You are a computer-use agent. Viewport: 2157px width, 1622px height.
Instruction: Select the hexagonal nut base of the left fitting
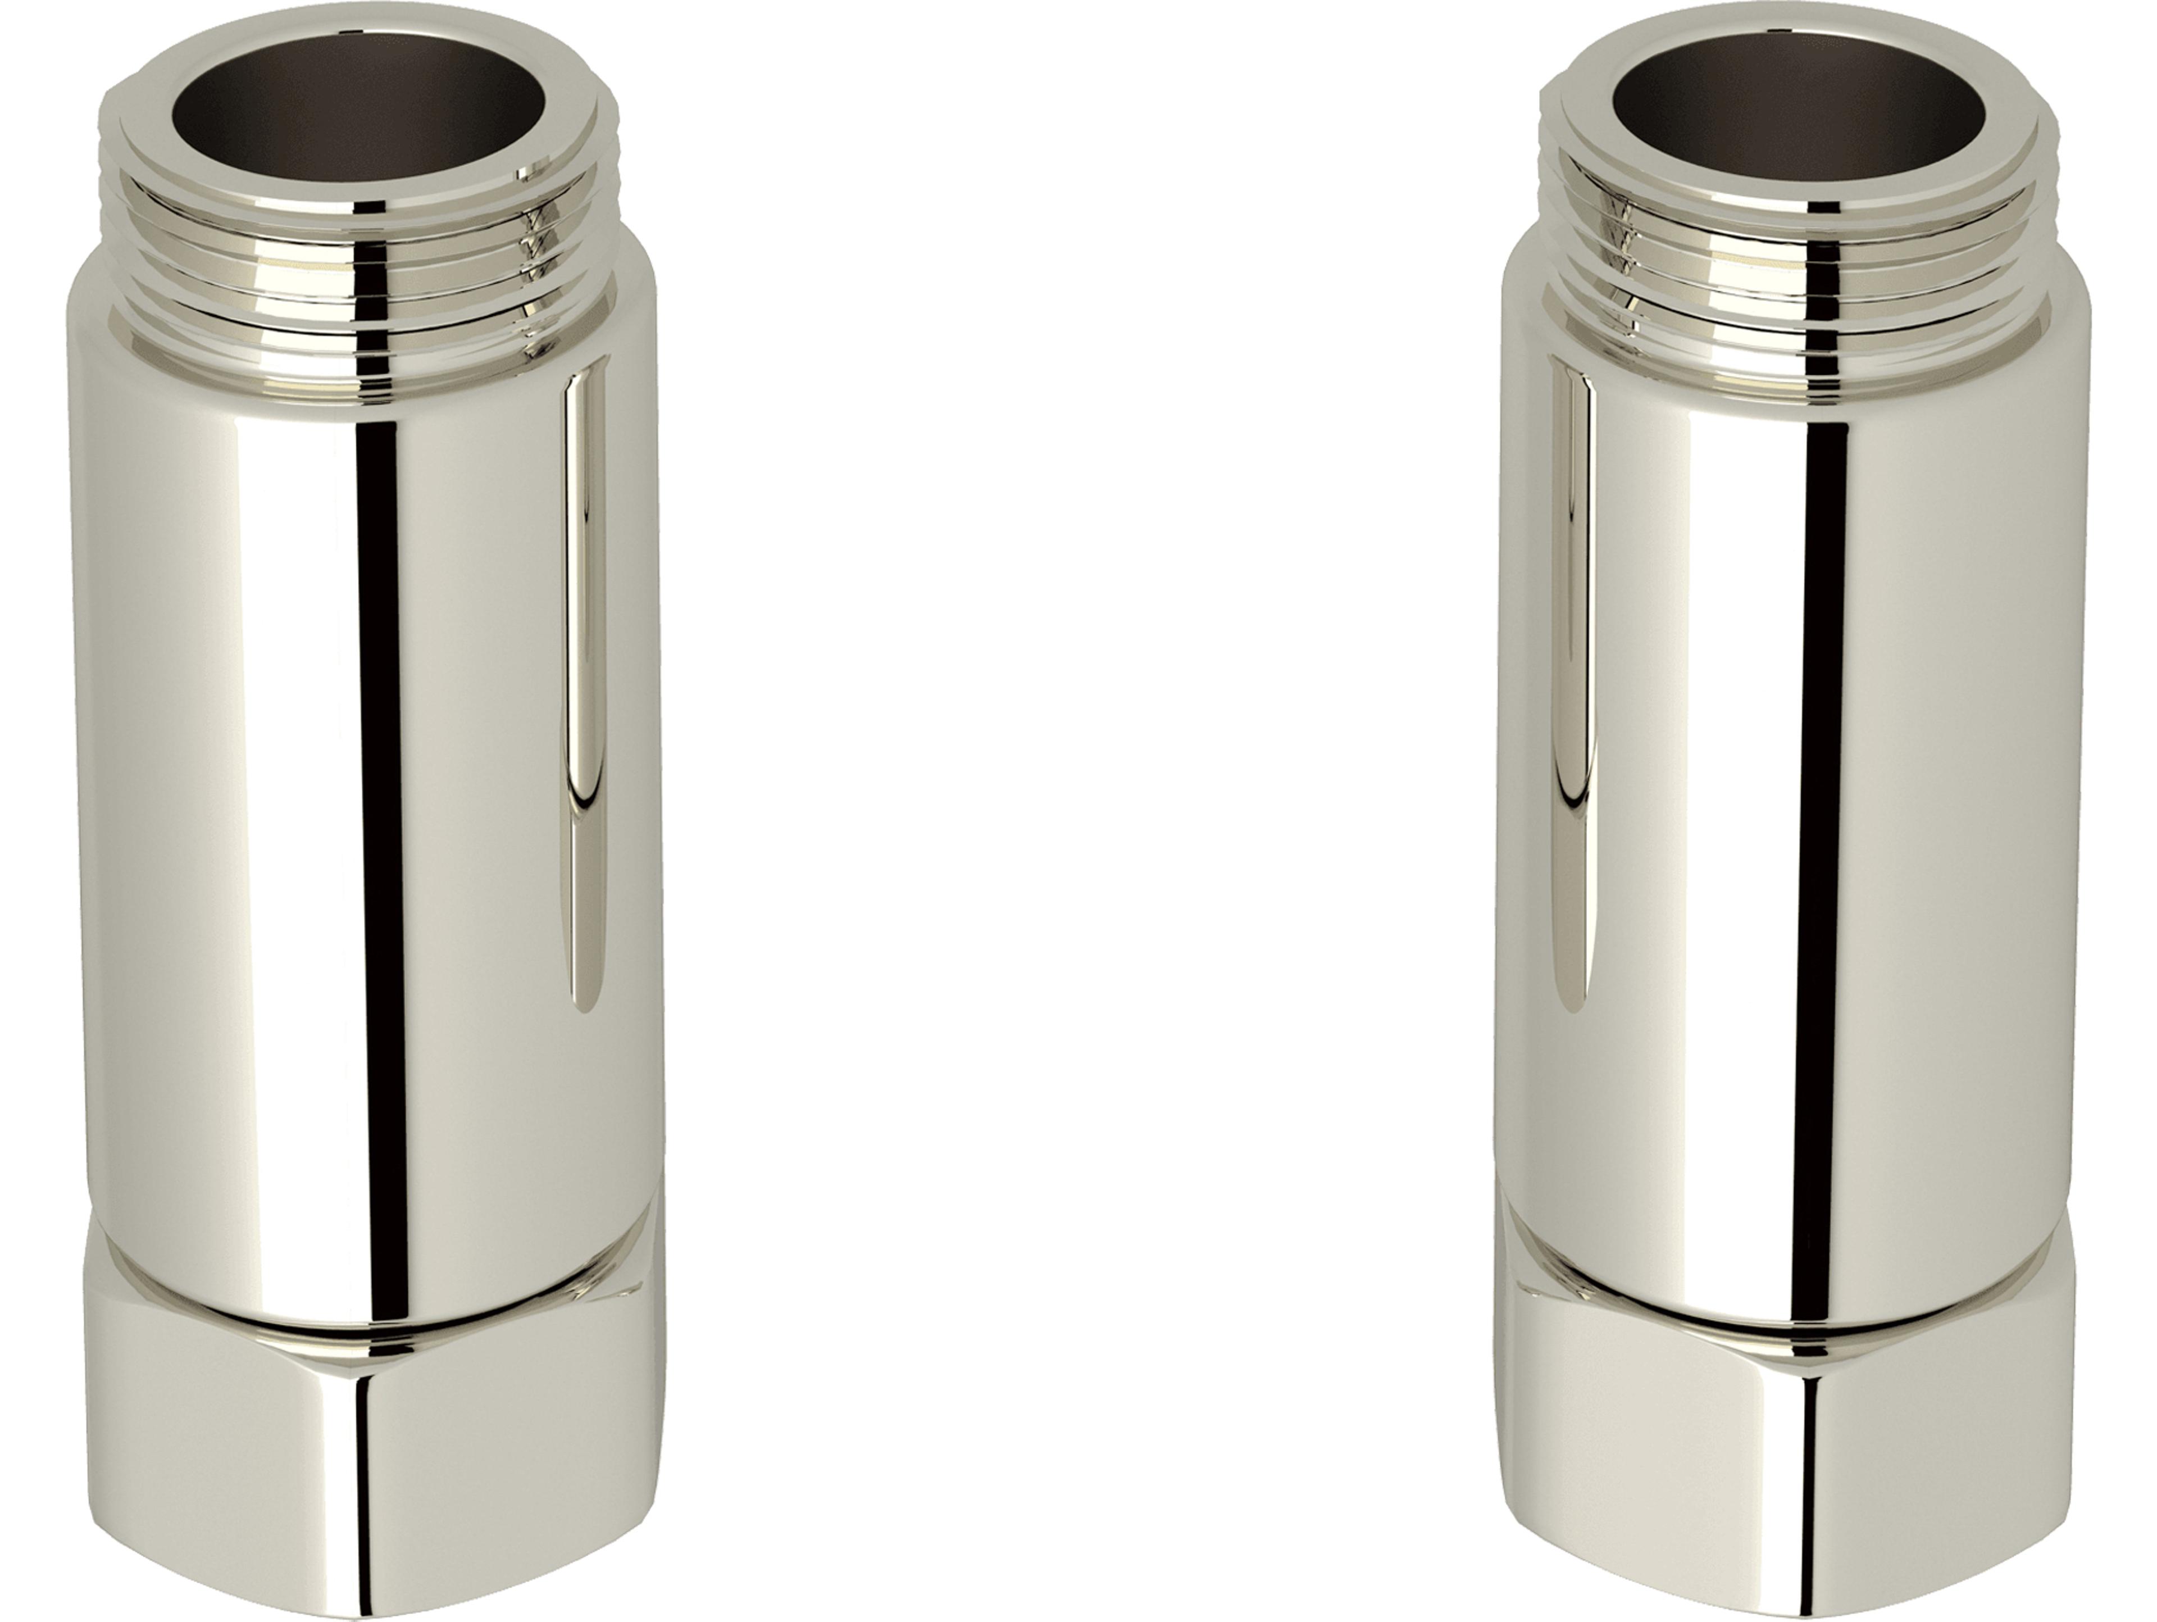(371, 1463)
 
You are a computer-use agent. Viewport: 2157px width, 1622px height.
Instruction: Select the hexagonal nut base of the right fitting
(1794, 1463)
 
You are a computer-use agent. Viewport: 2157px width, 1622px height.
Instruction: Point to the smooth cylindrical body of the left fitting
(244, 780)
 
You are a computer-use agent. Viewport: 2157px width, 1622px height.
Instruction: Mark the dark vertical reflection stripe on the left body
(380, 780)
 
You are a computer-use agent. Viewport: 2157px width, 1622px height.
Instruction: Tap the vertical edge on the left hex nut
(375, 1483)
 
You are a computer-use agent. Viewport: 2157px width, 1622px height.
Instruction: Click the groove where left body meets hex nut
(371, 1328)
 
